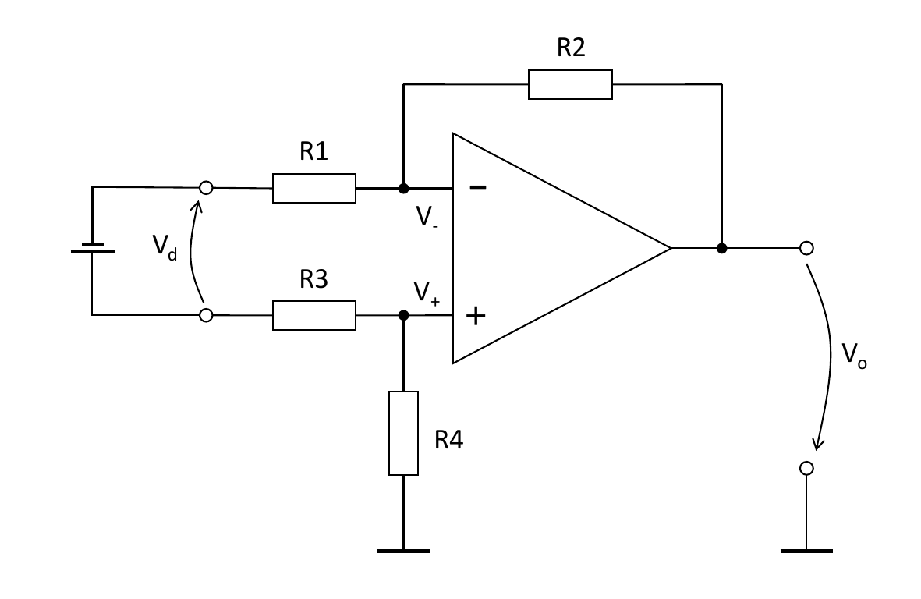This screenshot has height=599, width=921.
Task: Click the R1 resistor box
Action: click(x=314, y=188)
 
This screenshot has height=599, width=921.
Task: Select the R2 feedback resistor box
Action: click(x=570, y=84)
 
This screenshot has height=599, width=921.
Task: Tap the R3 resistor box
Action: click(x=314, y=315)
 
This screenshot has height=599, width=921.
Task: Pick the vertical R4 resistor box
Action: click(x=403, y=433)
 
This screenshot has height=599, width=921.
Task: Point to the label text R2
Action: click(x=571, y=48)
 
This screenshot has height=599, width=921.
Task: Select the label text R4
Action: click(x=449, y=441)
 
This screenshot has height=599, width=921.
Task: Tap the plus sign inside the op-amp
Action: click(x=476, y=315)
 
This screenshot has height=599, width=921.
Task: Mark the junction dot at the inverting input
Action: click(x=403, y=188)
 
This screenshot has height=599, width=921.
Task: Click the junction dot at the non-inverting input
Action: click(x=403, y=315)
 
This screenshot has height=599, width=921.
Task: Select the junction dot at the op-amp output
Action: click(x=722, y=248)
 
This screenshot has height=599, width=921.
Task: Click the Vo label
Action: click(x=854, y=356)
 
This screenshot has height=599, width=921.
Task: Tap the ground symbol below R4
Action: click(x=403, y=551)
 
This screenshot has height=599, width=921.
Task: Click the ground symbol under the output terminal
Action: click(x=806, y=551)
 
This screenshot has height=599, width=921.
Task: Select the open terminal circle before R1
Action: click(x=206, y=188)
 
